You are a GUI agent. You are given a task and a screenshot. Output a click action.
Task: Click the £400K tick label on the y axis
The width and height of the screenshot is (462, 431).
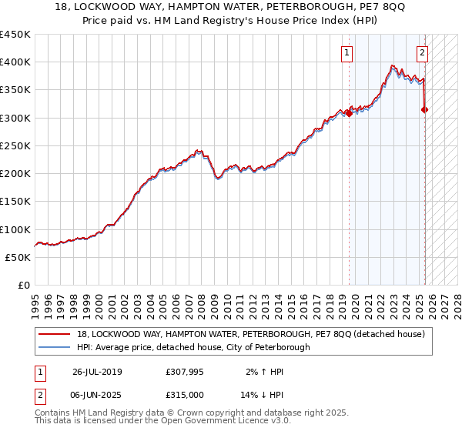[15, 62]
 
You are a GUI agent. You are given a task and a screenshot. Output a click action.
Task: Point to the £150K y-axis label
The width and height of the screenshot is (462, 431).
[15, 201]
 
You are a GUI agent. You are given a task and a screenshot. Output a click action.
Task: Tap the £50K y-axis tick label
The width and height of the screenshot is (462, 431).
[18, 257]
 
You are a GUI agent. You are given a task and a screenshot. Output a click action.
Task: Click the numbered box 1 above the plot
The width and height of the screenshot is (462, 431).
[347, 53]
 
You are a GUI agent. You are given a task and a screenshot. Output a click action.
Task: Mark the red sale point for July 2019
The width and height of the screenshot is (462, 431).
[349, 113]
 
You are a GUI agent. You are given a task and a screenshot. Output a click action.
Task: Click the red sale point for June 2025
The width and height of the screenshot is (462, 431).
[425, 109]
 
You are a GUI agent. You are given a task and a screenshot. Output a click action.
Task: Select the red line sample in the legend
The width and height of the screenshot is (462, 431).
[54, 334]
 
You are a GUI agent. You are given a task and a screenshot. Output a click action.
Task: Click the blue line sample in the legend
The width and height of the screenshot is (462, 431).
[54, 347]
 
